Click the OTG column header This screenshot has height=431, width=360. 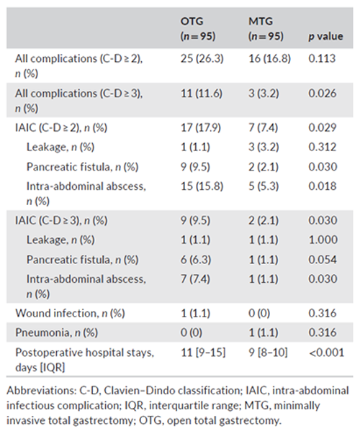pos(198,29)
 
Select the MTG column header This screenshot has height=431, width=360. pos(266,29)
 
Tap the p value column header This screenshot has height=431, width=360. pos(325,36)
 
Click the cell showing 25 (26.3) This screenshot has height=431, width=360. pos(202,58)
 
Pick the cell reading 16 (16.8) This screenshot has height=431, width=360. pos(269,58)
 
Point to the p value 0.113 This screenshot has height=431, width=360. pos(322,58)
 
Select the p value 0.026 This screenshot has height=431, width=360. pos(323,94)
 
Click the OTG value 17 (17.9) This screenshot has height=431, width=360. pos(201,127)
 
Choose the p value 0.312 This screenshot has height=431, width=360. pos(323,147)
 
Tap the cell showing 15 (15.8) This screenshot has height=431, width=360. pos(202,186)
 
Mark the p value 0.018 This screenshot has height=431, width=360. pos(323,186)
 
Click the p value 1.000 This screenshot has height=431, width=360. pos(323,240)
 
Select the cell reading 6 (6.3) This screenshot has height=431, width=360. pos(196,260)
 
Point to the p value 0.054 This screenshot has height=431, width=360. pos(323,260)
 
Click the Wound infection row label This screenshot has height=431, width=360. pos(70,313)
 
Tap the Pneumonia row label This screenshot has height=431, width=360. pos(57,332)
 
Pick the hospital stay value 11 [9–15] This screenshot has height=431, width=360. pos(203,353)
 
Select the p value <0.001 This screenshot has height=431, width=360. pos(326,353)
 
